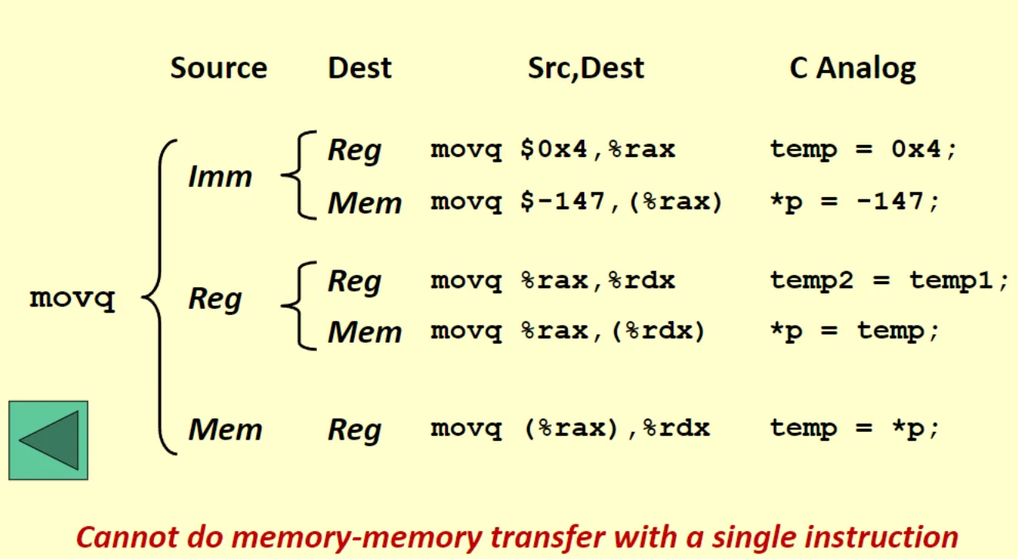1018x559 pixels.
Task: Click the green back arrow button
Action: [x=48, y=440]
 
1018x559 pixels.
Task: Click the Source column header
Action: [x=219, y=68]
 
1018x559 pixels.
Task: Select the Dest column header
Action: [x=359, y=68]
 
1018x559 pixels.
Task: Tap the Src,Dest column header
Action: [x=586, y=68]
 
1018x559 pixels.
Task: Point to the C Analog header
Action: [x=853, y=68]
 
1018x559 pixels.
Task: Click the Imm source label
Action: [x=220, y=177]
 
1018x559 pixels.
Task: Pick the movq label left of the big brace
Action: [x=72, y=299]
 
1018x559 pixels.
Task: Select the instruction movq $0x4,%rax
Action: [x=552, y=149]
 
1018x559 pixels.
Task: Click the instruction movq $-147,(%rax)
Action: [x=577, y=203]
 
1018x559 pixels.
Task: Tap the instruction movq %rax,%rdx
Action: [x=552, y=281]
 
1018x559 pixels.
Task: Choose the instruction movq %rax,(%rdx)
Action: [x=568, y=332]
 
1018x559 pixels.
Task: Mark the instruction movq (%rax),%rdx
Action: [x=570, y=428]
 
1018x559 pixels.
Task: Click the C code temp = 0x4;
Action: [x=864, y=149]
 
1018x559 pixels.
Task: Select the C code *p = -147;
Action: [x=855, y=203]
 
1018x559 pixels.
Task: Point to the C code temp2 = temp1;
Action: [x=889, y=281]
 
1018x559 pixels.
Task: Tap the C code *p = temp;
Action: [x=855, y=332]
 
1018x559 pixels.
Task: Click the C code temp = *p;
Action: [x=855, y=428]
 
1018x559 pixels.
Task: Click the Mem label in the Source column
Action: [x=225, y=429]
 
